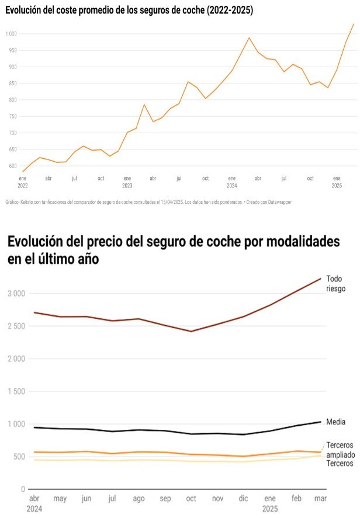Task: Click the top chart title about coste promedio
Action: pyautogui.click(x=129, y=11)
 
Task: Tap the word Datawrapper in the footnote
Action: pyautogui.click(x=278, y=201)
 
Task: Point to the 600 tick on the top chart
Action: pyautogui.click(x=12, y=166)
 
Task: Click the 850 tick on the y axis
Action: pyautogui.click(x=12, y=84)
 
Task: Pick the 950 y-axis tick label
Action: pyautogui.click(x=12, y=50)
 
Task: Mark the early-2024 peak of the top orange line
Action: pyautogui.click(x=249, y=38)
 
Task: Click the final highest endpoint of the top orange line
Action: pyautogui.click(x=354, y=24)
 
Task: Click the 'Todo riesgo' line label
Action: pyautogui.click(x=335, y=283)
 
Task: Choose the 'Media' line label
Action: pyautogui.click(x=335, y=422)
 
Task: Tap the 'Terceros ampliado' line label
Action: pyautogui.click(x=340, y=450)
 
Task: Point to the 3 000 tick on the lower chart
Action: pyautogui.click(x=16, y=294)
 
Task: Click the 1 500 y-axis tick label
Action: pyautogui.click(x=16, y=391)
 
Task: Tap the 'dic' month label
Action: pyautogui.click(x=244, y=499)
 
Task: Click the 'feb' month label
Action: pyautogui.click(x=297, y=499)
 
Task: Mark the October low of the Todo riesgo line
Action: pyautogui.click(x=191, y=331)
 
